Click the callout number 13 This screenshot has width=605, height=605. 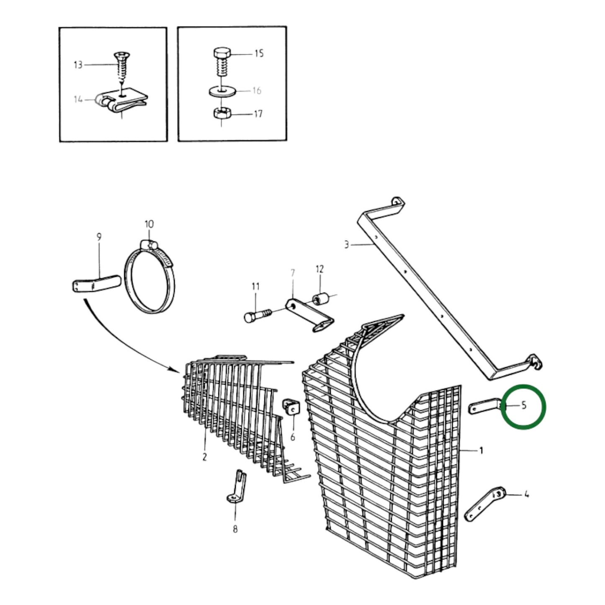(78, 65)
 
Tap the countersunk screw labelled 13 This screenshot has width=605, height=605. (120, 67)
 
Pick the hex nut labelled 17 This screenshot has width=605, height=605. (222, 113)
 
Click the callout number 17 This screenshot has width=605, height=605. (258, 113)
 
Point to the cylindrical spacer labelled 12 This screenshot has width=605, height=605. (320, 298)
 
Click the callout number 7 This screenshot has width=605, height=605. (293, 273)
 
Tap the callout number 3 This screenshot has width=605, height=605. (347, 244)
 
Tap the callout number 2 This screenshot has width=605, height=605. (204, 457)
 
